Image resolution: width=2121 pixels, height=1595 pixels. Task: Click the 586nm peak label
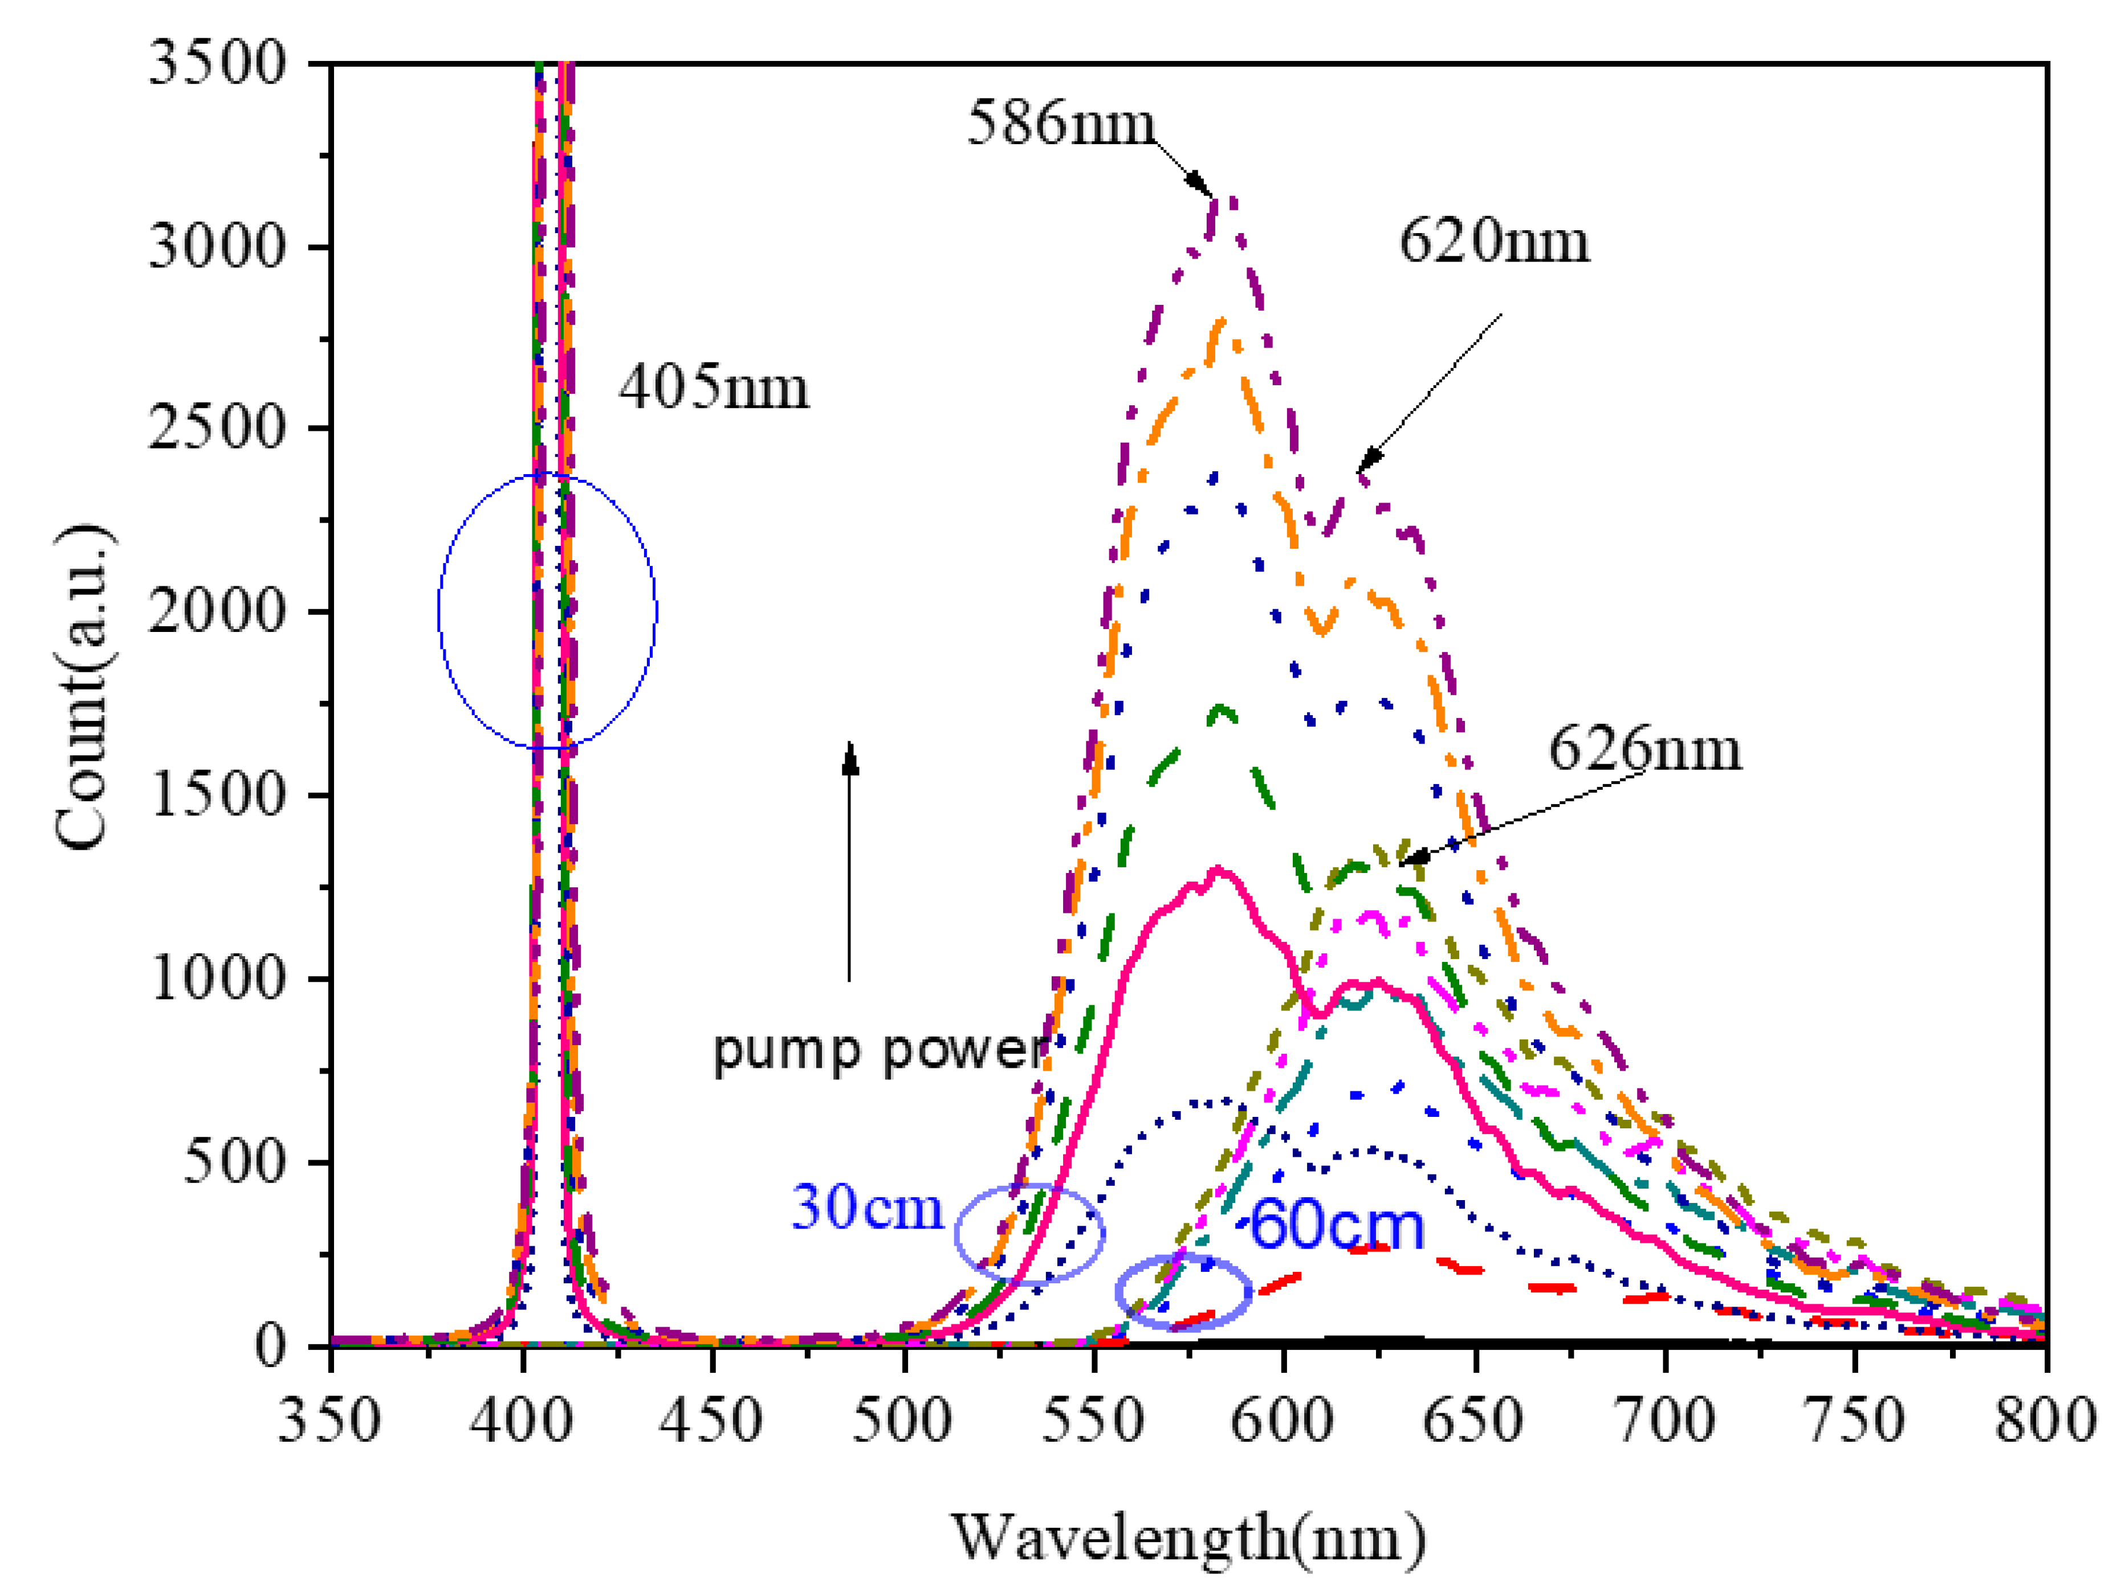click(1060, 124)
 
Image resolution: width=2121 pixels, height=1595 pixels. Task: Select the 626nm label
click(1643, 749)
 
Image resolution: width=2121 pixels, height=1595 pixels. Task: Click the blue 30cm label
click(867, 1207)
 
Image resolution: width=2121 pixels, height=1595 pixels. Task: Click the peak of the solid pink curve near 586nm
click(1218, 870)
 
